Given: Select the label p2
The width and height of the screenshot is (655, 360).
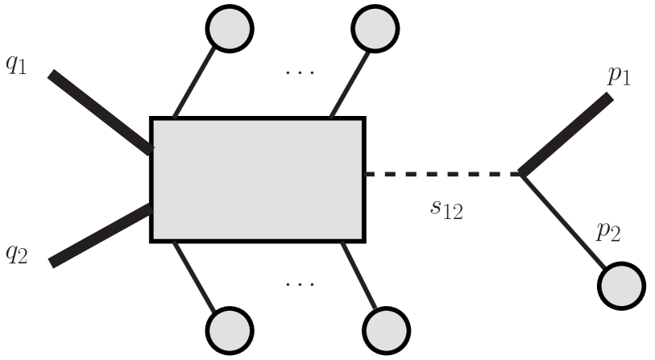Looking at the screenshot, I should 608,233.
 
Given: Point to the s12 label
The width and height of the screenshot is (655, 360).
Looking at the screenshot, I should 446,208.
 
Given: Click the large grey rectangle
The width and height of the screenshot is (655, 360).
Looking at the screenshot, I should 258,179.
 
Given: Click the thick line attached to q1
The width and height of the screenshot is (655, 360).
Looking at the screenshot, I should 101,112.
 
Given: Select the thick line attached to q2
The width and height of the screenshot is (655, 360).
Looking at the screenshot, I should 101,236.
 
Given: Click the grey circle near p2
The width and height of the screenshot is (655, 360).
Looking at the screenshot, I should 621,286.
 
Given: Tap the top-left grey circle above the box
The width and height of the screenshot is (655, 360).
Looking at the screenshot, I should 230,27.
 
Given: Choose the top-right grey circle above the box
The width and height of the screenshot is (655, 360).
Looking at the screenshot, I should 375,27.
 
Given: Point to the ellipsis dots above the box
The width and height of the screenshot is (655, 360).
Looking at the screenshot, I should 300,72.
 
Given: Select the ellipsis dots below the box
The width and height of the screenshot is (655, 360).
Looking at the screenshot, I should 300,284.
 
